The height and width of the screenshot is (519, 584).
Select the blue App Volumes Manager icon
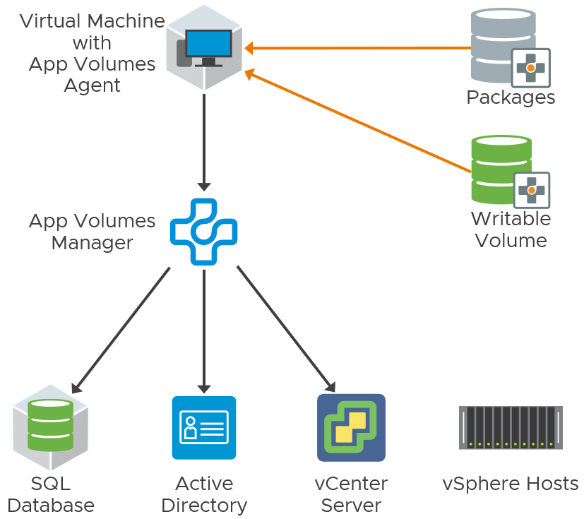click(x=203, y=232)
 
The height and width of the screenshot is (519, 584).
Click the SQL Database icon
click(x=50, y=428)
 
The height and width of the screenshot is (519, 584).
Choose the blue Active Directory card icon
click(x=203, y=428)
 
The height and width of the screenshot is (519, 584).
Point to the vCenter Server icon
click(x=351, y=428)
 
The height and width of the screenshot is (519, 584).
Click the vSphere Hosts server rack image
click(x=511, y=427)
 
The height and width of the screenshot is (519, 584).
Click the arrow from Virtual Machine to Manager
click(x=204, y=141)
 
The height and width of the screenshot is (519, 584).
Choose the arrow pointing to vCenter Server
click(x=286, y=329)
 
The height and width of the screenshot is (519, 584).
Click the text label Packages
click(x=511, y=97)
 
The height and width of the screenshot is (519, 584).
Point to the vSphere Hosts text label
click(x=511, y=484)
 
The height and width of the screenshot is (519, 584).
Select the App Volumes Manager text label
click(x=92, y=232)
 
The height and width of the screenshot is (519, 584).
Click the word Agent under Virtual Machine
click(x=92, y=85)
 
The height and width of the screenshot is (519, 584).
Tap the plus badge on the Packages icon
click(x=530, y=68)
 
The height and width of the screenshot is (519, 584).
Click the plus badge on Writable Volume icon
click(x=531, y=189)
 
